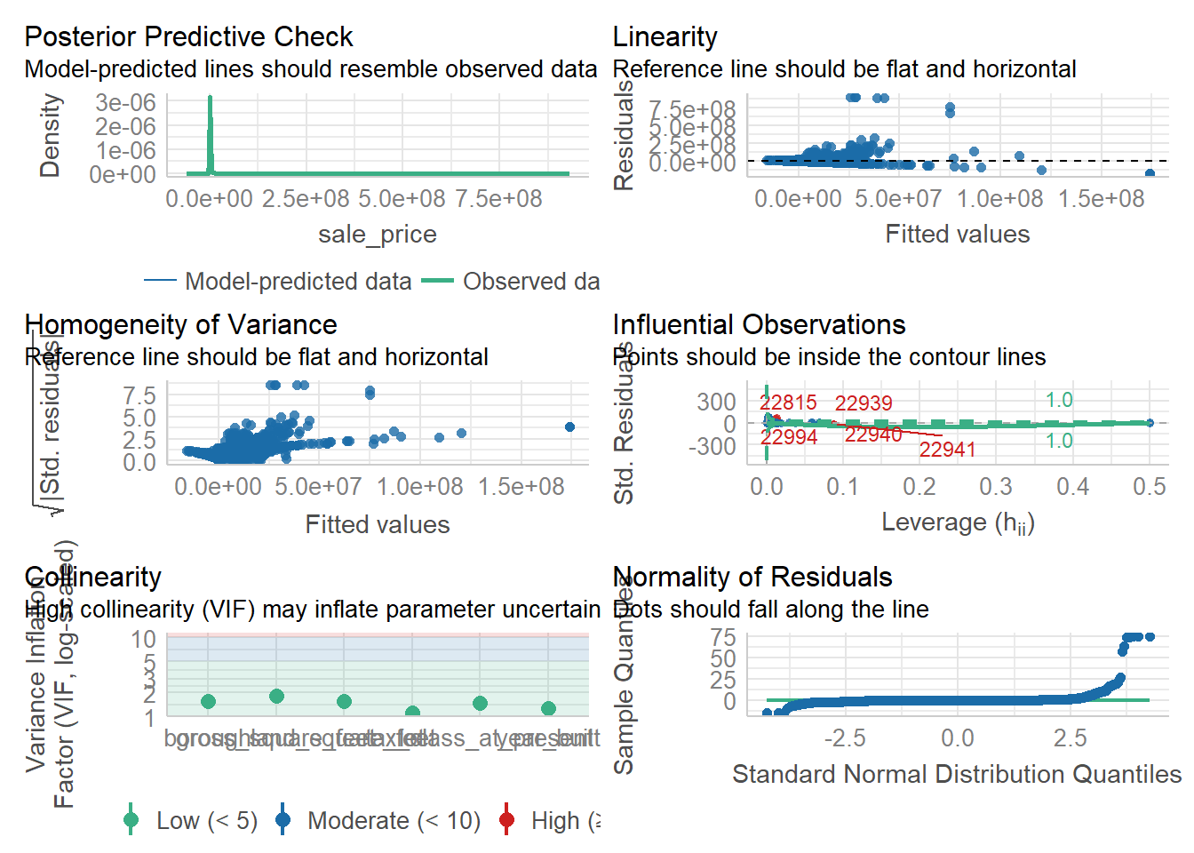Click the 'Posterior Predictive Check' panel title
pos(188,37)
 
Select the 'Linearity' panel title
pos(665,37)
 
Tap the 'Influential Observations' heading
pos(759,325)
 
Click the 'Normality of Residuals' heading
pos(752,578)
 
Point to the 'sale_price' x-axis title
pos(378,235)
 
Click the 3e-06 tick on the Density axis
pos(125,103)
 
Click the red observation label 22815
pos(788,403)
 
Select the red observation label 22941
pos(947,450)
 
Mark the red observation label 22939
pos(864,403)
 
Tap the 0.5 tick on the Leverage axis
pos(1149,487)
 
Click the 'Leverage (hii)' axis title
pos(958,522)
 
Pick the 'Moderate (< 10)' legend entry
pos(394,821)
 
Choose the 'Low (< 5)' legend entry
pos(206,821)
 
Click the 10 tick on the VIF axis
pos(144,640)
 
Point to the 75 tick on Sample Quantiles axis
pos(723,637)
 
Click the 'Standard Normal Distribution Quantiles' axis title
pos(956,775)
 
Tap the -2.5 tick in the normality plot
pos(844,738)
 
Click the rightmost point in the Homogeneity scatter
pos(569,427)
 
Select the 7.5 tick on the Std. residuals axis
pos(139,395)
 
